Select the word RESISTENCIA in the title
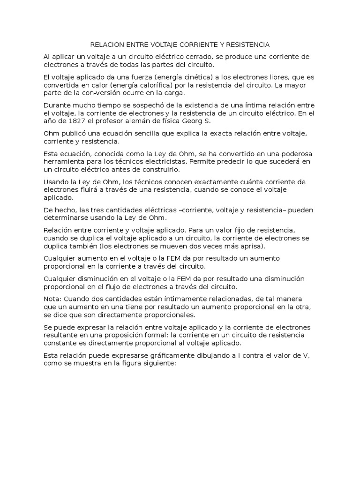pos(248,45)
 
